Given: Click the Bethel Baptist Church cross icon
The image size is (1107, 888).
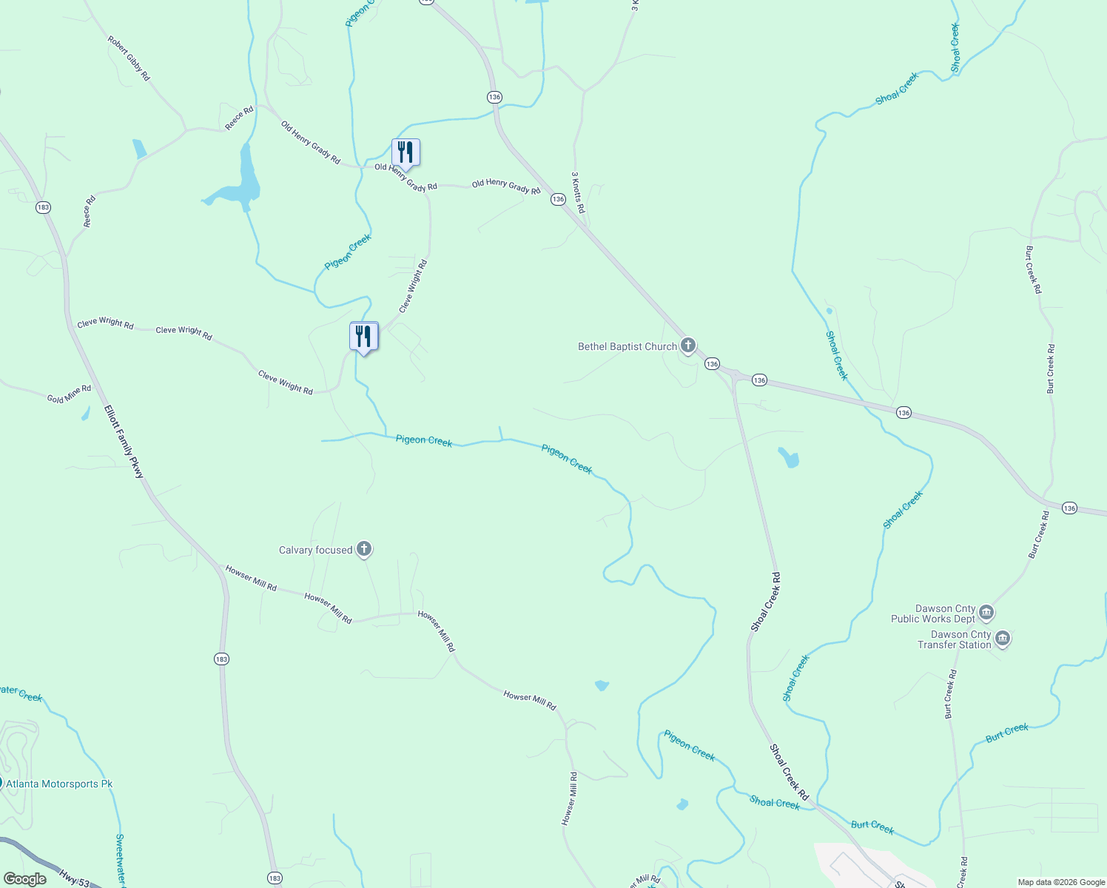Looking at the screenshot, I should tap(688, 346).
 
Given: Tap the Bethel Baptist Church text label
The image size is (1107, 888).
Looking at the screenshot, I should tap(627, 346).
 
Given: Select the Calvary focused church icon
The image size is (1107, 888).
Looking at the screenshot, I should tap(363, 549).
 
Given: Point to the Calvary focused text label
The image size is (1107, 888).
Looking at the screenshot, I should tap(315, 550).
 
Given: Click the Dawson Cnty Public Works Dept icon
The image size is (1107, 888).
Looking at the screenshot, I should tap(986, 613).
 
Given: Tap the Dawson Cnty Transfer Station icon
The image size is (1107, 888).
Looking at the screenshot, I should tap(1002, 638).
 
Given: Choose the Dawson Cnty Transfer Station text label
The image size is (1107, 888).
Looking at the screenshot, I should tap(954, 639).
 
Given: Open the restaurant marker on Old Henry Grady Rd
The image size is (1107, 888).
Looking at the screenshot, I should tap(406, 152).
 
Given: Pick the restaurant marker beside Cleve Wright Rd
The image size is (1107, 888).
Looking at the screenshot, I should tap(363, 336).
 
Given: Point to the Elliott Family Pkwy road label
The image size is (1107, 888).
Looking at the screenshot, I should tap(124, 441).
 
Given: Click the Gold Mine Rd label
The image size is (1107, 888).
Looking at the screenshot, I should tap(69, 394).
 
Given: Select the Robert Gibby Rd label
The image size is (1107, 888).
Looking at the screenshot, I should tap(129, 58).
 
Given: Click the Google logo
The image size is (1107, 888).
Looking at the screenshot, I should tap(25, 879).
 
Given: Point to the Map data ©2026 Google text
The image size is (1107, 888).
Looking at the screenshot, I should tap(1061, 882).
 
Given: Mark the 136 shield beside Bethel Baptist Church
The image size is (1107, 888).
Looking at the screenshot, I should tap(712, 363).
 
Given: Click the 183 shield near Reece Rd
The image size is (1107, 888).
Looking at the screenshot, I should tap(43, 207).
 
